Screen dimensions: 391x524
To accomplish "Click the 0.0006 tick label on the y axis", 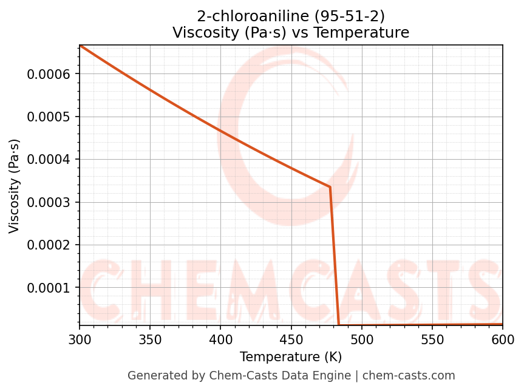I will click(x=49, y=74).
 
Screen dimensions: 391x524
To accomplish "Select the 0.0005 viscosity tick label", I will click(x=49, y=117).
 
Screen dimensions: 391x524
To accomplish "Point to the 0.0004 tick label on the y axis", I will click(x=49, y=160).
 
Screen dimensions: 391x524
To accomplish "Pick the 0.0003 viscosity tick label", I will click(x=49, y=202).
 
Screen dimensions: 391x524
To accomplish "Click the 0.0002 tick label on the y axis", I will click(x=49, y=245).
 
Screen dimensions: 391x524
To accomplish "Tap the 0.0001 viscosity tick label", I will click(x=49, y=288).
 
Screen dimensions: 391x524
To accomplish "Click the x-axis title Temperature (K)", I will click(x=291, y=357).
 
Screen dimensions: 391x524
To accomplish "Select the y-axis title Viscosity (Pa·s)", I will click(x=15, y=186).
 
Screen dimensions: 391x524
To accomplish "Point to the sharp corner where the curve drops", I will click(x=330, y=187).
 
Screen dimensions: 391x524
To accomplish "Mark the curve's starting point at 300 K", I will click(x=80, y=46).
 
